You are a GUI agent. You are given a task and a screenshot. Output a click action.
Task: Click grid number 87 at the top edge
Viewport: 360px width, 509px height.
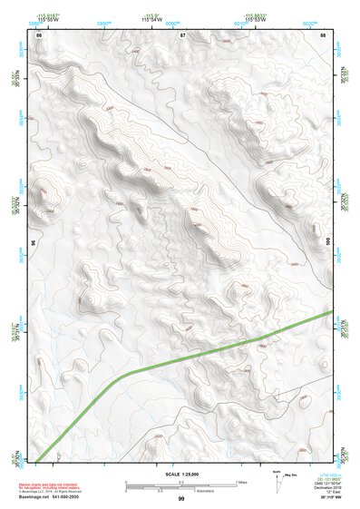coord(183,34)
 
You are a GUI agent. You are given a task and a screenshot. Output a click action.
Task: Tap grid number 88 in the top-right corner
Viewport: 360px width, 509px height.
coord(324,34)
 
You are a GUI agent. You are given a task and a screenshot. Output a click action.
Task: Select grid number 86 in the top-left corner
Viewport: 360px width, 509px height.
coord(38,34)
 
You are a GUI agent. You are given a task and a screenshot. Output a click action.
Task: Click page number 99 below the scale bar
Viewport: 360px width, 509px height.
coord(180,499)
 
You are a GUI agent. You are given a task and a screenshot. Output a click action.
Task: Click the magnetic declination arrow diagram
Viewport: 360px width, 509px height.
coord(277,481)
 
